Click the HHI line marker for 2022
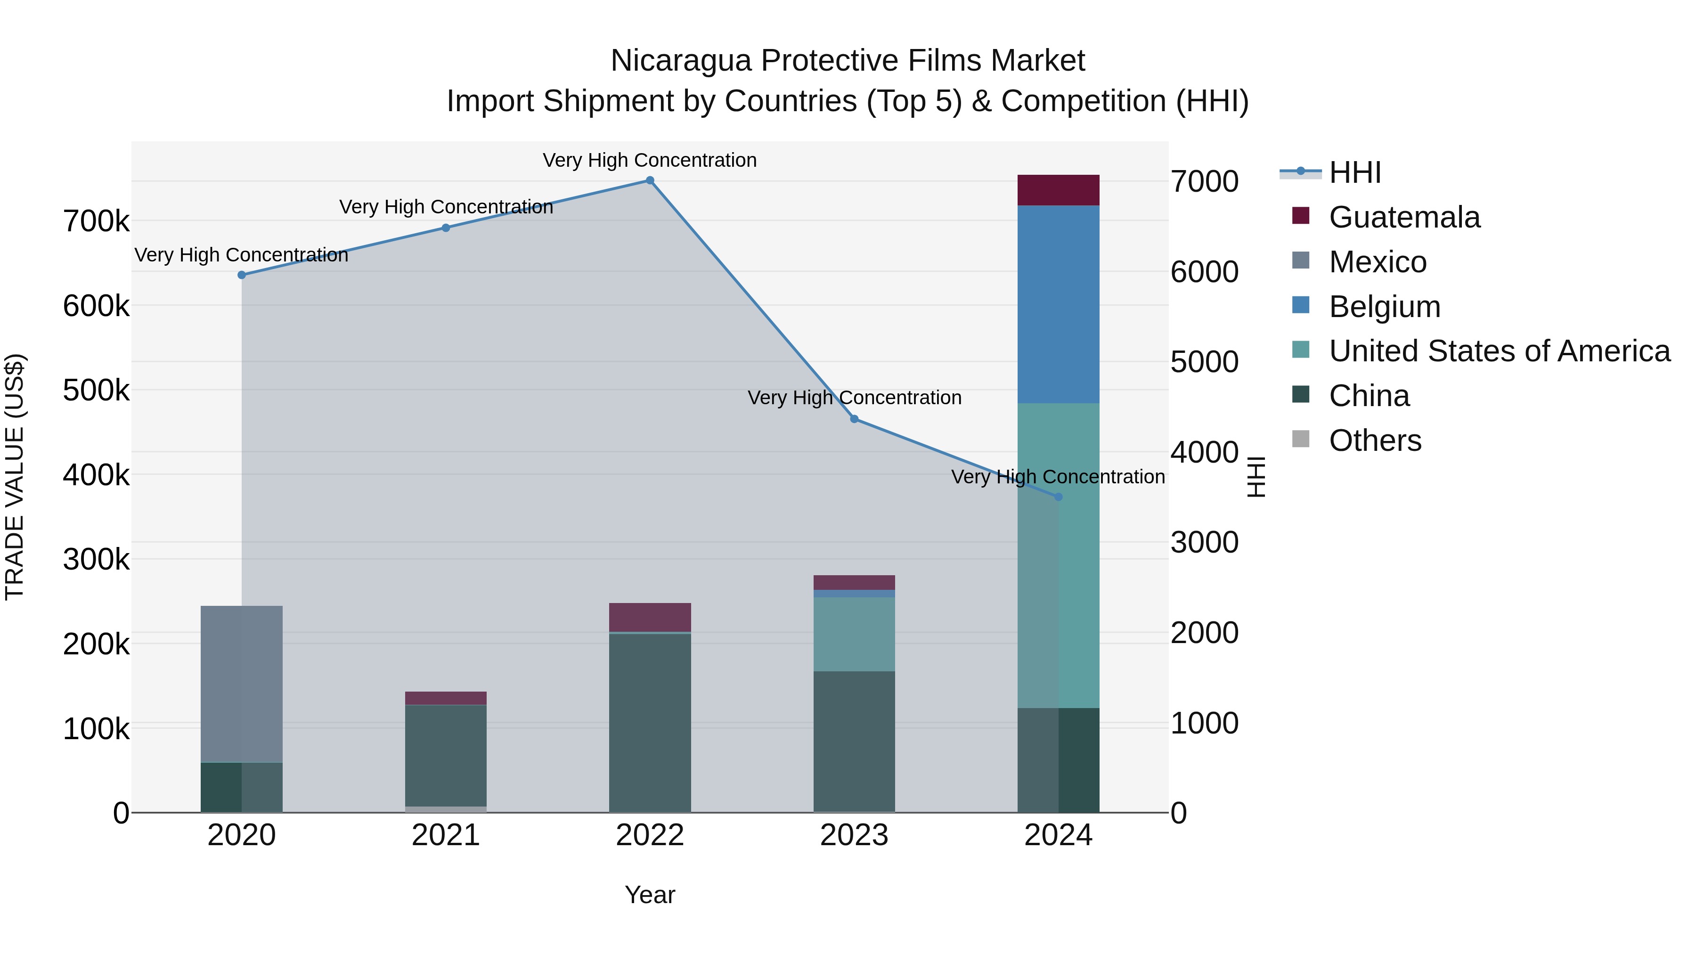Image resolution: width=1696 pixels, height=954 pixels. [649, 180]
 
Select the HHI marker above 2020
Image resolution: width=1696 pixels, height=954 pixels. [242, 275]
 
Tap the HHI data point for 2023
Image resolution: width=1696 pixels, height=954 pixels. [854, 419]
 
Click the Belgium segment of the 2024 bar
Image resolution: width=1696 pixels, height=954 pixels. [1058, 304]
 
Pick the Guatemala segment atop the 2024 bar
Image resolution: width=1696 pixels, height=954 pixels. [1058, 190]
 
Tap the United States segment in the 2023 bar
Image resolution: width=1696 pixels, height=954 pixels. [854, 634]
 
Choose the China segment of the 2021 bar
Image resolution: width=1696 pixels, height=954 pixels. [446, 755]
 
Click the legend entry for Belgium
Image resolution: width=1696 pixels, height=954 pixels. [1384, 307]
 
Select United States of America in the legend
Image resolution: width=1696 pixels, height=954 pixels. [1499, 351]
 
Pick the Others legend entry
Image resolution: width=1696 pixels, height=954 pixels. [1375, 440]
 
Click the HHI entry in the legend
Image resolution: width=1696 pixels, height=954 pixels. [1354, 172]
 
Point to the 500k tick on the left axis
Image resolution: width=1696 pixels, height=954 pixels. [96, 391]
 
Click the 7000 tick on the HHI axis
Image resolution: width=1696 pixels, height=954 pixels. [1204, 182]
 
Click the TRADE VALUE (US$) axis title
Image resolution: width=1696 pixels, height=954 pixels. [15, 477]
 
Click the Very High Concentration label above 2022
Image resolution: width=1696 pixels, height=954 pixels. [649, 160]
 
